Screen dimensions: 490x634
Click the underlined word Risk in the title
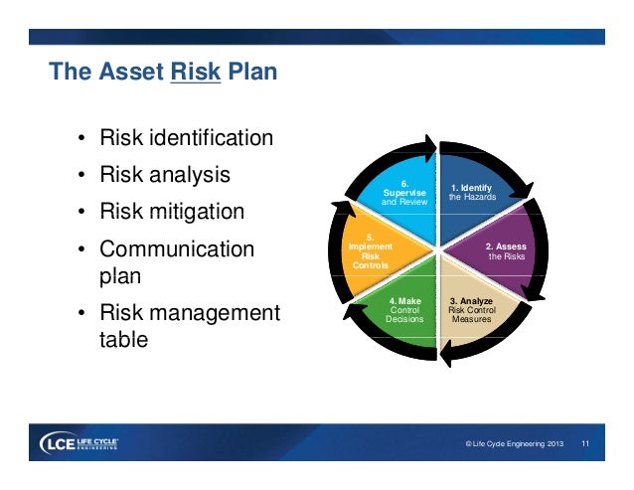(195, 73)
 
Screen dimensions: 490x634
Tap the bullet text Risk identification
(185, 137)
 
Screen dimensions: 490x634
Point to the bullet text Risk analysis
(164, 175)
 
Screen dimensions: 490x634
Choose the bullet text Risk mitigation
(171, 213)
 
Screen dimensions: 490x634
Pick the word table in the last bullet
(123, 339)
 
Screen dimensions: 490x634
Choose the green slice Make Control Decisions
(404, 309)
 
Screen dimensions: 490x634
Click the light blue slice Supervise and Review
(404, 192)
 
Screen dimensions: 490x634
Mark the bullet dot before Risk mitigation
(80, 214)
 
